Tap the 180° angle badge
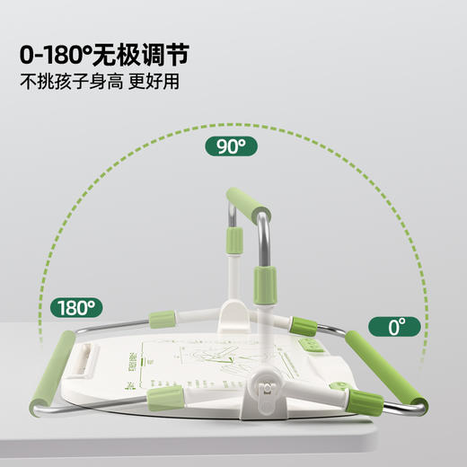[75, 307]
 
